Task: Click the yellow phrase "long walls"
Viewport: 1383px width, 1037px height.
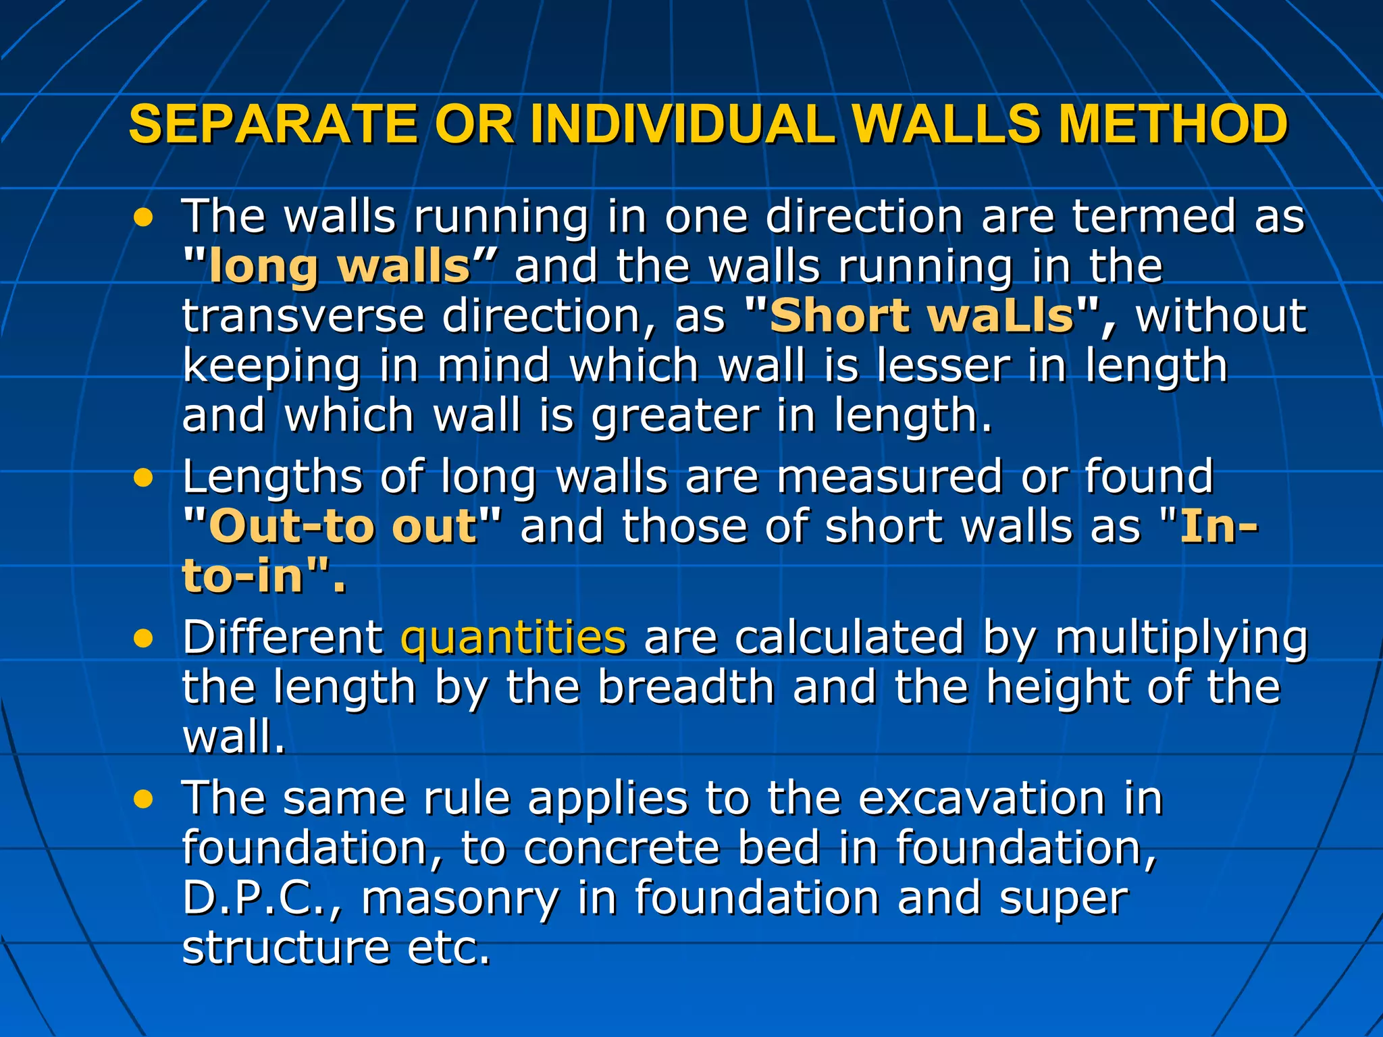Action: [x=340, y=266]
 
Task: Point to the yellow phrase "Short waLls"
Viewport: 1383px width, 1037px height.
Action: [x=921, y=315]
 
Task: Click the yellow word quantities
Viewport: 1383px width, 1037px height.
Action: [x=513, y=637]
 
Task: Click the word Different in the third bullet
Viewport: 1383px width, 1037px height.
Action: [x=282, y=637]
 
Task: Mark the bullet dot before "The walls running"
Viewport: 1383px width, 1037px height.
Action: [x=143, y=218]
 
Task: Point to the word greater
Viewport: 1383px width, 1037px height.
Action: [x=675, y=415]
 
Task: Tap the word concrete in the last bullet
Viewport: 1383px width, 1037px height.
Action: [x=622, y=848]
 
